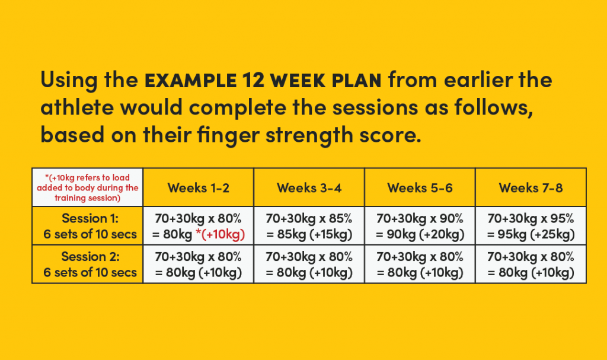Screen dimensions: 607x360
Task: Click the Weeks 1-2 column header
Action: (198, 188)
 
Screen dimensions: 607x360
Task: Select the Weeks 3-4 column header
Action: (309, 188)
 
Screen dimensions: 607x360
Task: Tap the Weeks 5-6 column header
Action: (420, 188)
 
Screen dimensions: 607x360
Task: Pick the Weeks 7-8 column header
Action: (531, 188)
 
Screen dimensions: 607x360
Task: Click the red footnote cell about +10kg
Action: (88, 187)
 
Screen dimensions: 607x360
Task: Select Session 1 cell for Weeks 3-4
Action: (309, 226)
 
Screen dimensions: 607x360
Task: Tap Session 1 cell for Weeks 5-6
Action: (420, 226)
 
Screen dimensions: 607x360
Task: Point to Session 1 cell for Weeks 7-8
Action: (531, 226)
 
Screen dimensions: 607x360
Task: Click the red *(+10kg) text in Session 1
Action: (221, 234)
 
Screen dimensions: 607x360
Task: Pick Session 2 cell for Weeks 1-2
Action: (198, 265)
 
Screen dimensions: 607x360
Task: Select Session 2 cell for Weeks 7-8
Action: (531, 265)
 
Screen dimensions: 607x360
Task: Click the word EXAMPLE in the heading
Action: (190, 80)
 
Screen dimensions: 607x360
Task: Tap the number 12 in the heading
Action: (253, 80)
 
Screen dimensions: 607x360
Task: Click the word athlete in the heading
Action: (77, 107)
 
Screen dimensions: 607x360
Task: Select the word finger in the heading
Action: (228, 136)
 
